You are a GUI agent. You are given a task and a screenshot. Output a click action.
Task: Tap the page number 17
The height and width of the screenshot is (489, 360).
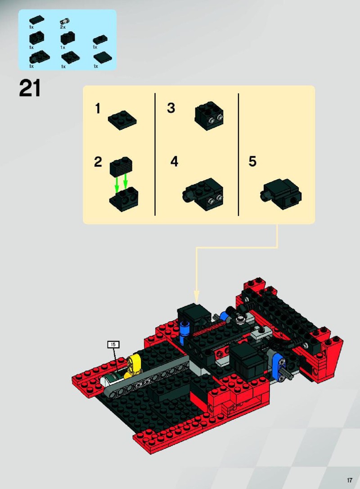[349, 480]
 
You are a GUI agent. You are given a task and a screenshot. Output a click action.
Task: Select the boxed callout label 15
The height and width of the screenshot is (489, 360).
[113, 345]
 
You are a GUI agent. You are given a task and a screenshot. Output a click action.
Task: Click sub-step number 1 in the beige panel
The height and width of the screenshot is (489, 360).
[98, 108]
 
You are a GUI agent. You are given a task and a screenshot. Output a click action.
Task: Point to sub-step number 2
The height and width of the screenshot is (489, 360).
[98, 162]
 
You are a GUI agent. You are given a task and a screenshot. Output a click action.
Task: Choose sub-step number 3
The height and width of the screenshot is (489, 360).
[171, 108]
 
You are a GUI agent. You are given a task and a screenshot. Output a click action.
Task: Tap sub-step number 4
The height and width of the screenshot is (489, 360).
[174, 162]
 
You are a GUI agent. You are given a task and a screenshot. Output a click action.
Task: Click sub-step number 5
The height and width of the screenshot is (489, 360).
[252, 162]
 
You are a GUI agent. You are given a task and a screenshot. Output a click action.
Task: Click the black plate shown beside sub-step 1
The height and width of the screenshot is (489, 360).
[122, 120]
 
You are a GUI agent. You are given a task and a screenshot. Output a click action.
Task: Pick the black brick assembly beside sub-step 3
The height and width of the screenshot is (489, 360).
[209, 116]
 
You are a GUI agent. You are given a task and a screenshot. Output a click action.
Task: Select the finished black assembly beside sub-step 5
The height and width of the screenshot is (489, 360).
[280, 194]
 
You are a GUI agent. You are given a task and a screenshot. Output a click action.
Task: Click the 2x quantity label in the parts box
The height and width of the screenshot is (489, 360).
[63, 27]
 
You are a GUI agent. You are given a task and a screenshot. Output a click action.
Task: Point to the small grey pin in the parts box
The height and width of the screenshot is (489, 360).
[65, 22]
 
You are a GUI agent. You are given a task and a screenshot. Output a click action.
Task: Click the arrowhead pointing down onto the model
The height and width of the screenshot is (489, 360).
[197, 296]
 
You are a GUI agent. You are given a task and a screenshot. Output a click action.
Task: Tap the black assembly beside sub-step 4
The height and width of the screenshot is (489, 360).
[202, 194]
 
